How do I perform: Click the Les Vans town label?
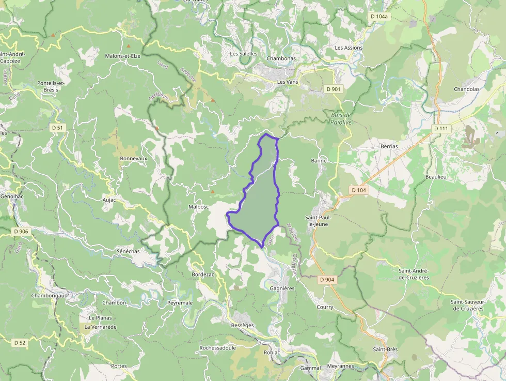coord(288,82)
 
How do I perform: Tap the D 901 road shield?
coord(334,89)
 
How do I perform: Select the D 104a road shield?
coord(379,17)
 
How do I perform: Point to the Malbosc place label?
coord(199,207)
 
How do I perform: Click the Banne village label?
coord(319,161)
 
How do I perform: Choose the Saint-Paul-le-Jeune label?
coord(321,221)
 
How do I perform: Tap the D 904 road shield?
coord(327,280)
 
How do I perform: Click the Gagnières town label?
coord(282,288)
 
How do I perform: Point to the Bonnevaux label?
coord(133,158)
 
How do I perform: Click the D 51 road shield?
coord(57,128)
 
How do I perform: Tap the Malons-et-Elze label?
coord(122,56)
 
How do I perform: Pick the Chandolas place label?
coord(466,89)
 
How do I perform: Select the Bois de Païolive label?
coord(340,118)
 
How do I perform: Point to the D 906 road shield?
coord(21,231)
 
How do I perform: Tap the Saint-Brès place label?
coord(385,349)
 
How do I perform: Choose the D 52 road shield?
coord(20,342)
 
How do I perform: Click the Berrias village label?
coord(389,146)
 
